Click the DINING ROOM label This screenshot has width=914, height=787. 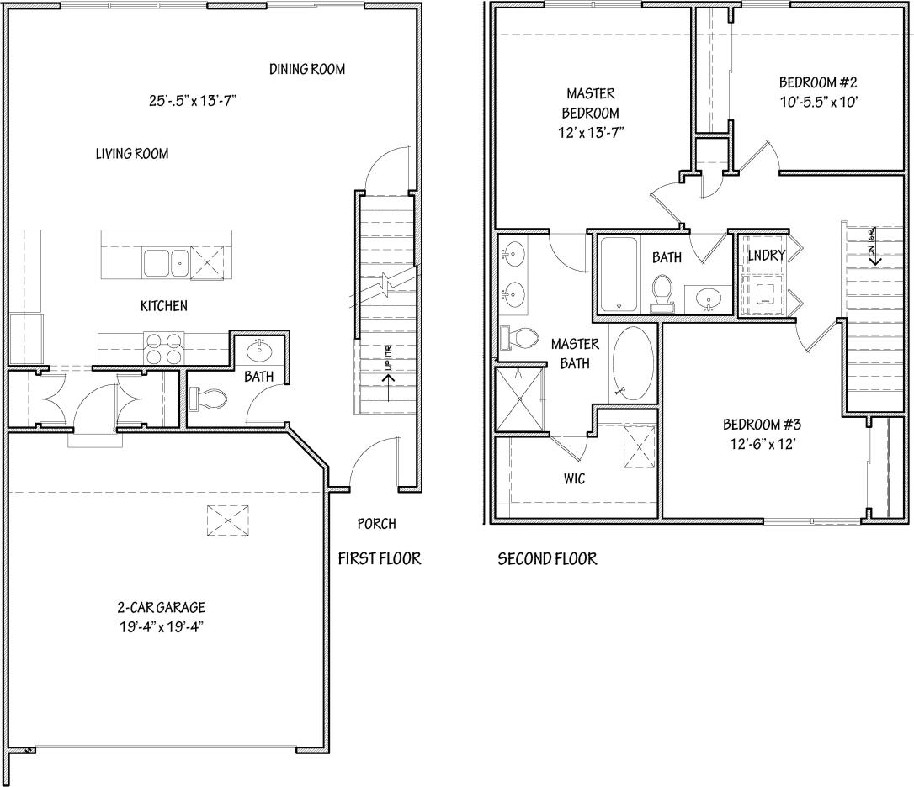pos(306,69)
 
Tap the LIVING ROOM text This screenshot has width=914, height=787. pos(131,153)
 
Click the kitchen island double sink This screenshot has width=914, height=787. pos(165,263)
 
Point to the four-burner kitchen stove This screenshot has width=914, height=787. pos(163,348)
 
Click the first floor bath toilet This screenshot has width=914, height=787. pos(205,398)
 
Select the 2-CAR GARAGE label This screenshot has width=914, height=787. pos(161,607)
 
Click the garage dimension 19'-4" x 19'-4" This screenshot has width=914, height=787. pos(161,626)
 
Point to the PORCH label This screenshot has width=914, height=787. pos(376,524)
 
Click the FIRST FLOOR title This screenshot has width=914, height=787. pos(379,558)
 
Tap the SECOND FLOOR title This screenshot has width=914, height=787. pos(547,558)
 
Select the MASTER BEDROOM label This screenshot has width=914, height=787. pos(590,103)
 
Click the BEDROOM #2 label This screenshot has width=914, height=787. pos(817,82)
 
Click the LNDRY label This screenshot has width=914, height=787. pos(766,255)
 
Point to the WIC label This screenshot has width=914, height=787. pos(574,478)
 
